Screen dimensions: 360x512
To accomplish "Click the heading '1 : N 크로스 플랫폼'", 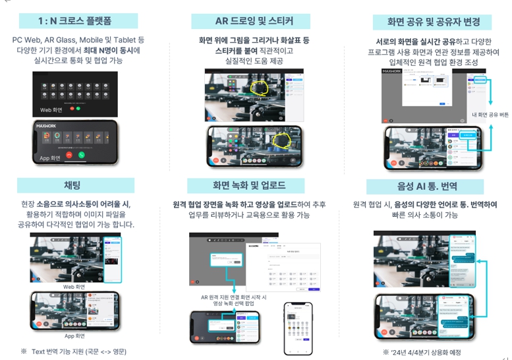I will coord(78,20).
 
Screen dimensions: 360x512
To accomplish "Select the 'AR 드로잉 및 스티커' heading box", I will coord(254,21).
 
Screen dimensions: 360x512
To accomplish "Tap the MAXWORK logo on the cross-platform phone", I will coord(47,125).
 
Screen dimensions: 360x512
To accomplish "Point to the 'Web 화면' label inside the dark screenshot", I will coord(51,110).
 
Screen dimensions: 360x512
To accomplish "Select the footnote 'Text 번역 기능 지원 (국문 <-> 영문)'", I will coord(78,351).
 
